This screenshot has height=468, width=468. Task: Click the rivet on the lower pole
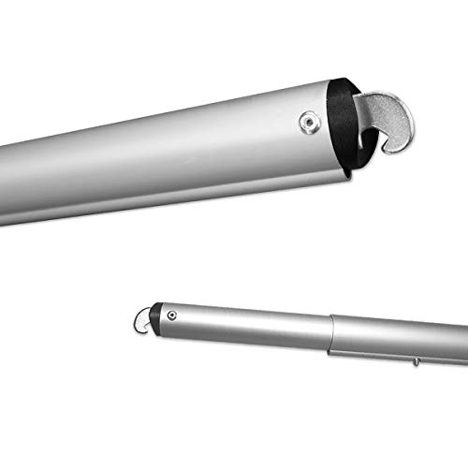[x=173, y=315]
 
